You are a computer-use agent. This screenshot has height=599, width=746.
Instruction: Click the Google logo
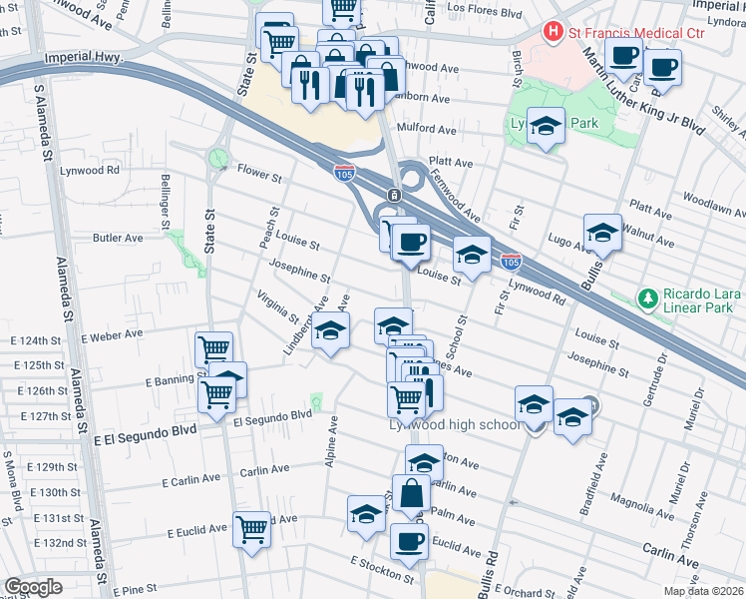point(33,587)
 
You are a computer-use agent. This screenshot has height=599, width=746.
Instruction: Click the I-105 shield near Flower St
point(344,173)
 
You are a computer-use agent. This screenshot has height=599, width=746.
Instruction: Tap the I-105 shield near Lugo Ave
point(511,263)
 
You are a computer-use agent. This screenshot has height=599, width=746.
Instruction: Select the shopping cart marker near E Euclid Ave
point(251,527)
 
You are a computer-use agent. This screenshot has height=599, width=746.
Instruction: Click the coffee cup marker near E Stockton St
point(408,541)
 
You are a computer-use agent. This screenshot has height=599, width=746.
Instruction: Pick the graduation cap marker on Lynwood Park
point(546,126)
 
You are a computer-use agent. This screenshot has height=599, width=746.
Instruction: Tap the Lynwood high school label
point(454,425)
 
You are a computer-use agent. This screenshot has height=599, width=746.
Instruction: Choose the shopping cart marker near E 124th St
point(213,349)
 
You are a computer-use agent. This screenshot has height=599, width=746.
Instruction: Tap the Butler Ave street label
point(118,238)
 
